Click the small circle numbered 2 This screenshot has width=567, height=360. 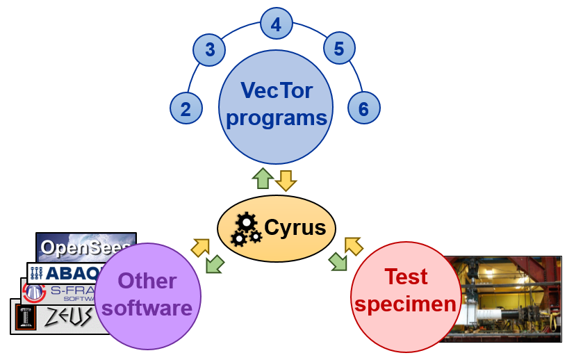(186, 108)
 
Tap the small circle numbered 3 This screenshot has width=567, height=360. (209, 50)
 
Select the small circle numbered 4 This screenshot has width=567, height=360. (276, 25)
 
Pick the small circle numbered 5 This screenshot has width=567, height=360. (338, 49)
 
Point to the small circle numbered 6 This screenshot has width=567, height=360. (363, 108)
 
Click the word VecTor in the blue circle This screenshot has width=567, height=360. (276, 90)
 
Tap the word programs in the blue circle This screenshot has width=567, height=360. (277, 117)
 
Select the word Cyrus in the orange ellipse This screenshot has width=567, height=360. (295, 227)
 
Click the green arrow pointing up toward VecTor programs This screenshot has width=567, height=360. (263, 179)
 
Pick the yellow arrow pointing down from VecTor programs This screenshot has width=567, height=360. (286, 180)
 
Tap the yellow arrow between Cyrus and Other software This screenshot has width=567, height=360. (201, 247)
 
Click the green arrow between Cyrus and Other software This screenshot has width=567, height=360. (215, 263)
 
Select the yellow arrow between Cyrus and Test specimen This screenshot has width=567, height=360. (353, 246)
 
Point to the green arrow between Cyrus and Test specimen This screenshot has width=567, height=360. (338, 261)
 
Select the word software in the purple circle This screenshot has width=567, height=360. (147, 308)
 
